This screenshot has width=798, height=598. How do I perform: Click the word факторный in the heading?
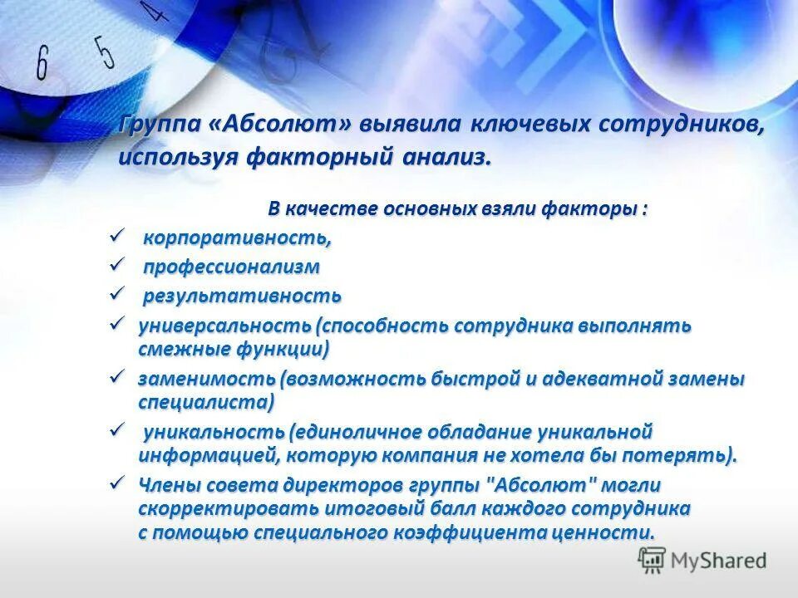318,157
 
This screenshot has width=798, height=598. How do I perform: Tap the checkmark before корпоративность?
116,238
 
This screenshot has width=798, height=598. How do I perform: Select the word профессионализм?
231,267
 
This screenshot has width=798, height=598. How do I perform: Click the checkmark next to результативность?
116,294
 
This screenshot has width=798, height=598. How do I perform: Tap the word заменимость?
207,379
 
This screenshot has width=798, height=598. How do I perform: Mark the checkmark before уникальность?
116,430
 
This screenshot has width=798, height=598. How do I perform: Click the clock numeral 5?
104,51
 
